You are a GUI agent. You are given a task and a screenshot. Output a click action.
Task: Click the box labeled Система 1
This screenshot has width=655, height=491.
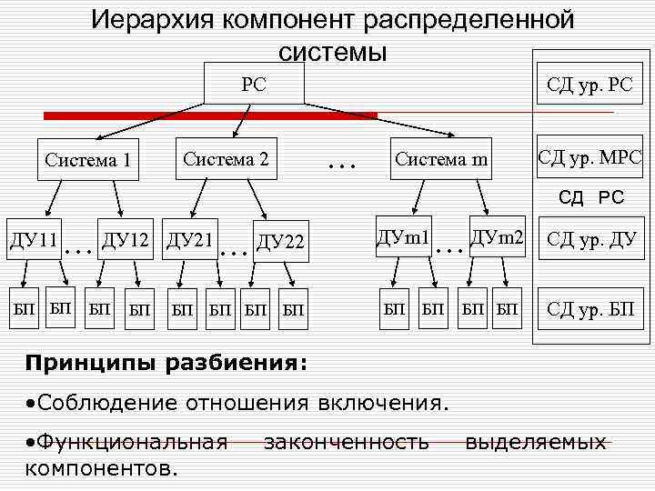(x=88, y=161)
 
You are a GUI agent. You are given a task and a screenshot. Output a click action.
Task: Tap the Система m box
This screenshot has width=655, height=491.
(x=441, y=160)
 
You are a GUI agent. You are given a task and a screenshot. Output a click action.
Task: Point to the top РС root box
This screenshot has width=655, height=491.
(x=254, y=85)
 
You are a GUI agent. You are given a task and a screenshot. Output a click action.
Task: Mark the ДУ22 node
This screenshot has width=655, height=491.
(x=280, y=241)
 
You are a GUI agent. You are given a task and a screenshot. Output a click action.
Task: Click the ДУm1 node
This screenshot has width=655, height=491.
(x=403, y=237)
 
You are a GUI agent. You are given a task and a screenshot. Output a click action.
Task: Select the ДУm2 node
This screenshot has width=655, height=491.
(x=497, y=237)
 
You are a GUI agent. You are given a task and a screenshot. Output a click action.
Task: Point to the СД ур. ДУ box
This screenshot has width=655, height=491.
(x=589, y=240)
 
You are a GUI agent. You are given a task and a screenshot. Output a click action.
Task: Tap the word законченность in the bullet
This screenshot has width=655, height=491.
(x=346, y=443)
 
